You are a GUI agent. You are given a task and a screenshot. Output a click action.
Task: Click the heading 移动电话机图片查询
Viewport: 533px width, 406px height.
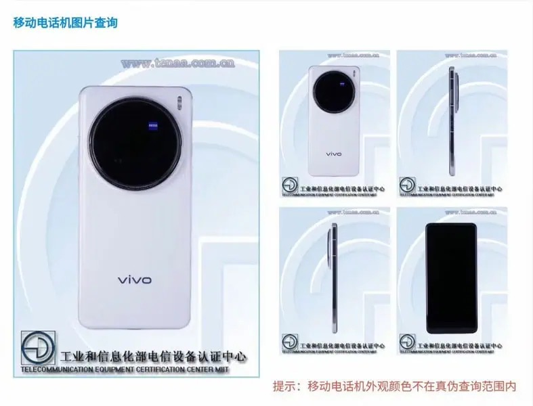[66, 23]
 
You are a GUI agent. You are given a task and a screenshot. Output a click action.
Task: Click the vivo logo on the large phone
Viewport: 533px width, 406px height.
[135, 279]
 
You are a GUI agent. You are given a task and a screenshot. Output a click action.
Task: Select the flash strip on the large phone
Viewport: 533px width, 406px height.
[179, 102]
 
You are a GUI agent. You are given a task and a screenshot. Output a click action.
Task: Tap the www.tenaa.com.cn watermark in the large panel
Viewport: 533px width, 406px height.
[178, 63]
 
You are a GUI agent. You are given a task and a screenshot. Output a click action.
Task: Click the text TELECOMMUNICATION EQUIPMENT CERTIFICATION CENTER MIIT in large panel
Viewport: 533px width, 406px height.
[125, 370]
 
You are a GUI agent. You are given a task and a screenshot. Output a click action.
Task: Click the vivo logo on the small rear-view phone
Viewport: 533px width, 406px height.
[334, 154]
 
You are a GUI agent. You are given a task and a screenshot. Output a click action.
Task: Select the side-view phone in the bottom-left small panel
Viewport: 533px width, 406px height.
[333, 277]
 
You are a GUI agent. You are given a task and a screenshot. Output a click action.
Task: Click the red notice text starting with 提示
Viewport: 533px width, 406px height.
[394, 387]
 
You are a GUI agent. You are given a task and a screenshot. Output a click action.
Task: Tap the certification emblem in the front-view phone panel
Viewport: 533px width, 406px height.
[408, 341]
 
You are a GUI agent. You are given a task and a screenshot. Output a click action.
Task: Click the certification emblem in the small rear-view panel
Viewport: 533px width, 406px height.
[290, 185]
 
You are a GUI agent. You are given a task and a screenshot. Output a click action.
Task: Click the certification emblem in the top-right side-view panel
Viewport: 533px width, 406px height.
[408, 185]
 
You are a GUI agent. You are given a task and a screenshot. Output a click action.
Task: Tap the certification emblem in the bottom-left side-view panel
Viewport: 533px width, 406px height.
[290, 341]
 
